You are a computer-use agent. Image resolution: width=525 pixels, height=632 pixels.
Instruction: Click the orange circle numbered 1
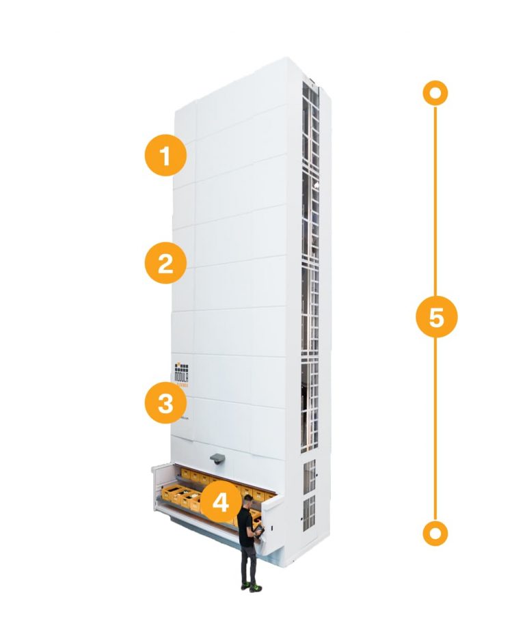pyautogui.click(x=165, y=156)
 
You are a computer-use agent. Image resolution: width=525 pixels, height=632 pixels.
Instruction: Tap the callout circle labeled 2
pyautogui.click(x=165, y=263)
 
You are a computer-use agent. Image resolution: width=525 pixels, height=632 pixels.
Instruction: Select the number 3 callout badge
pyautogui.click(x=165, y=403)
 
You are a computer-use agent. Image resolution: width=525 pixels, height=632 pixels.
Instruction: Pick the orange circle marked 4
pyautogui.click(x=220, y=503)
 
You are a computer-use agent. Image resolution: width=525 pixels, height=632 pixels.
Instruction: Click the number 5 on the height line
pyautogui.click(x=436, y=317)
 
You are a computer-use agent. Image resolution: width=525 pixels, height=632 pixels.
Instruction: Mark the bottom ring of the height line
pyautogui.click(x=435, y=532)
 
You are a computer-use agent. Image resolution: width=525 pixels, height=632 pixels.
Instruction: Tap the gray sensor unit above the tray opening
pyautogui.click(x=217, y=457)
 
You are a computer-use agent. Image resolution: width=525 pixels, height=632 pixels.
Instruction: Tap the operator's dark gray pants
pyautogui.click(x=248, y=564)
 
